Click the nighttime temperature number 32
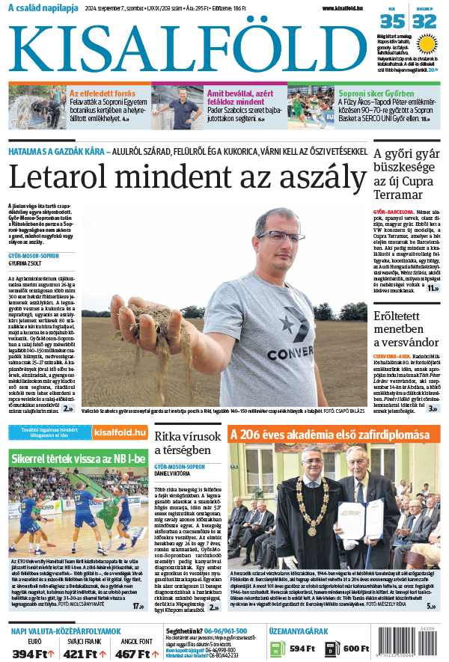point(424,22)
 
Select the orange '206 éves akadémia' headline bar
point(330,435)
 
